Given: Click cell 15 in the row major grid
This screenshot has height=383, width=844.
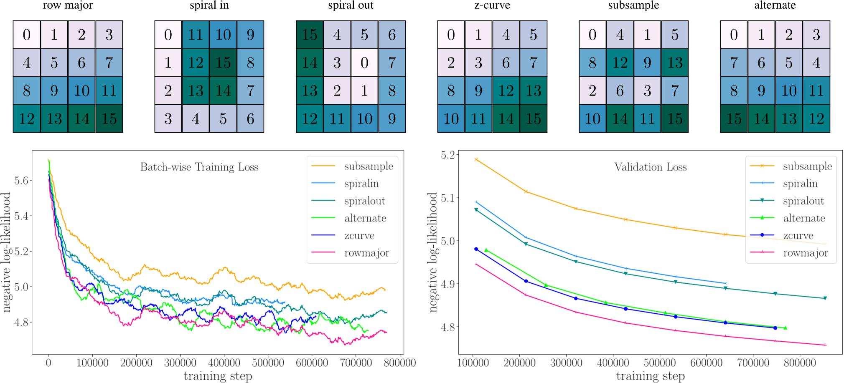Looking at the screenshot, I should (x=109, y=119).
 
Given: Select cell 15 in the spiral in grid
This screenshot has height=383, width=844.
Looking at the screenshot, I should (x=223, y=63).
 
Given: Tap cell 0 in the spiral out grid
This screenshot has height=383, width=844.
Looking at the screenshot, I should (x=364, y=63).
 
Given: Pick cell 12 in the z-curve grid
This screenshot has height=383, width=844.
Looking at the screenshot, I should (x=506, y=91).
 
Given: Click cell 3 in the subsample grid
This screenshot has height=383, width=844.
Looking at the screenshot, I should (x=647, y=91).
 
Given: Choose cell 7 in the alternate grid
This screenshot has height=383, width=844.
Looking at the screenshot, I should (x=734, y=63).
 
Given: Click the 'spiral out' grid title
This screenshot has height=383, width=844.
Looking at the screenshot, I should (x=351, y=5).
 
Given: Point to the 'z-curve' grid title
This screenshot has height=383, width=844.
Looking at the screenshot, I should (x=492, y=5).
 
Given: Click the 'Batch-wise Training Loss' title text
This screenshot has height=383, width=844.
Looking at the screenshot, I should (x=199, y=167).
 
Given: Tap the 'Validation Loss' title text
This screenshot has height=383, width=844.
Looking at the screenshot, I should (x=651, y=167).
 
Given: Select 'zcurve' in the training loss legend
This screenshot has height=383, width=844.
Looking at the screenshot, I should (x=359, y=236).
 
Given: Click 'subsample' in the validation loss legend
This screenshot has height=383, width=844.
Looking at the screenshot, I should (x=807, y=166).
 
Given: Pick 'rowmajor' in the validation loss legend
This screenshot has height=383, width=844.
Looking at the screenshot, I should (x=805, y=253).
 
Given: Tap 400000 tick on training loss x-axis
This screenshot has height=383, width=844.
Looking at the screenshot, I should (x=224, y=363).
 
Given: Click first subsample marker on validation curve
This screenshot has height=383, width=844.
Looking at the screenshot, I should (x=476, y=159).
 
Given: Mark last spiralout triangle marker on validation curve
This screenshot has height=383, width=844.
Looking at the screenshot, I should (x=825, y=298).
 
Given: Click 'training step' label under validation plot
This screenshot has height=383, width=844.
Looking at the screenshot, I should (x=651, y=376).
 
